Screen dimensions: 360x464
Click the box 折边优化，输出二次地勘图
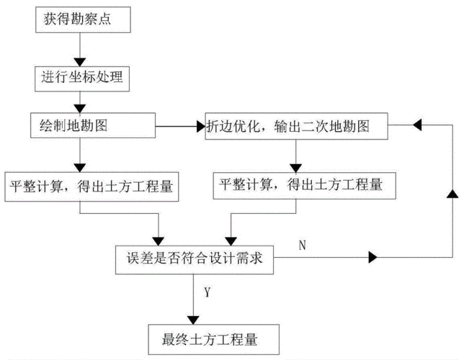(x=296, y=127)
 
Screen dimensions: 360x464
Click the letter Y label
(x=207, y=293)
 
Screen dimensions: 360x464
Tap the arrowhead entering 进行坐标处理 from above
(x=80, y=60)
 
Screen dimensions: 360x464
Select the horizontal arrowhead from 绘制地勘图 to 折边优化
(x=199, y=127)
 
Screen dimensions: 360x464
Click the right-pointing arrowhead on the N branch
(x=372, y=257)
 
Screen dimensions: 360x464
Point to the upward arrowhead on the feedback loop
(x=452, y=194)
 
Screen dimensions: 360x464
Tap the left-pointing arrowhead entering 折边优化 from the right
(x=416, y=125)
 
